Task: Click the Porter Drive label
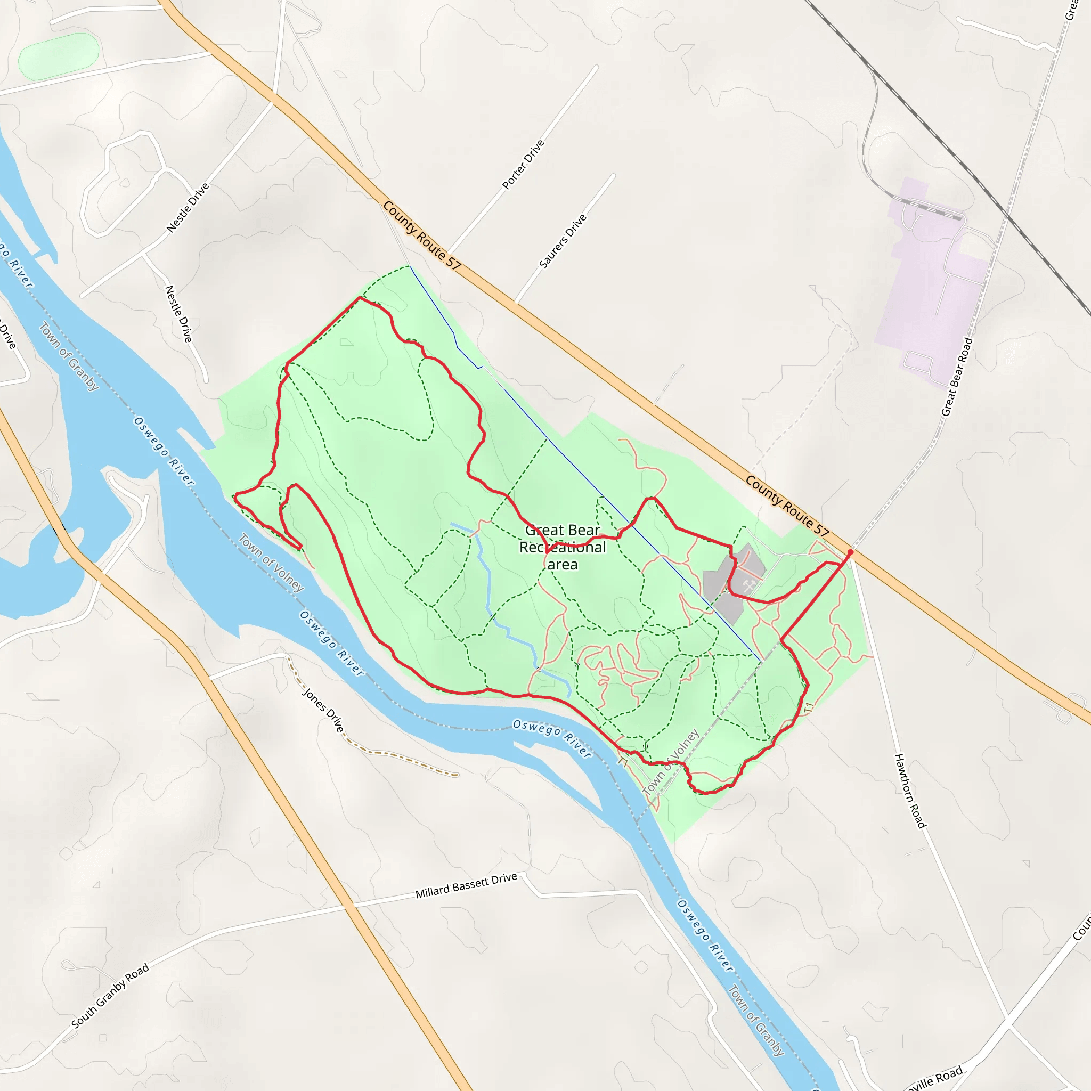point(523,164)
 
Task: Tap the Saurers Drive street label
point(563,241)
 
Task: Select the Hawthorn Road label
point(910,791)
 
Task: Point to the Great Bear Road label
point(957,377)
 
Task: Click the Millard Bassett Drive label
point(466,885)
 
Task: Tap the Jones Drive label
point(323,710)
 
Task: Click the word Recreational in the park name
point(563,547)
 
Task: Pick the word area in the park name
point(563,564)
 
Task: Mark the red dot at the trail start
point(850,552)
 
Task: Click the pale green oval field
point(59,56)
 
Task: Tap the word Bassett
point(468,885)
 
